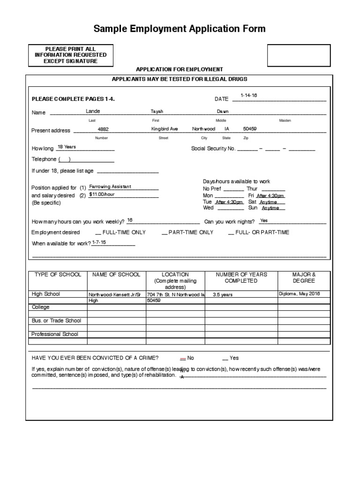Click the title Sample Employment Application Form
pos(180,29)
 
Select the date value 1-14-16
pos(248,95)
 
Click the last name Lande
pos(93,111)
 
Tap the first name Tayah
pos(157,112)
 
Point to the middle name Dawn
pos(222,112)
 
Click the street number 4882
pos(103,129)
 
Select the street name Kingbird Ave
pos(165,129)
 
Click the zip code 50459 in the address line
pos(250,129)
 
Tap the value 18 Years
pos(66,147)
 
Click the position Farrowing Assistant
pos(110,186)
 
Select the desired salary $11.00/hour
pos(102,194)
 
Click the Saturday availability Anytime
pos(269,202)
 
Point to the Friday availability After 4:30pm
pos(270,196)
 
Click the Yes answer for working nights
pos(264,220)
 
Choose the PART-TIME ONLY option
pos(190,232)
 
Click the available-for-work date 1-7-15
pos(99,242)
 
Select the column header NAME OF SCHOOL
pos(116,274)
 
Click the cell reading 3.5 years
pos(222,295)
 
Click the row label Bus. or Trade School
pos(56,321)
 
